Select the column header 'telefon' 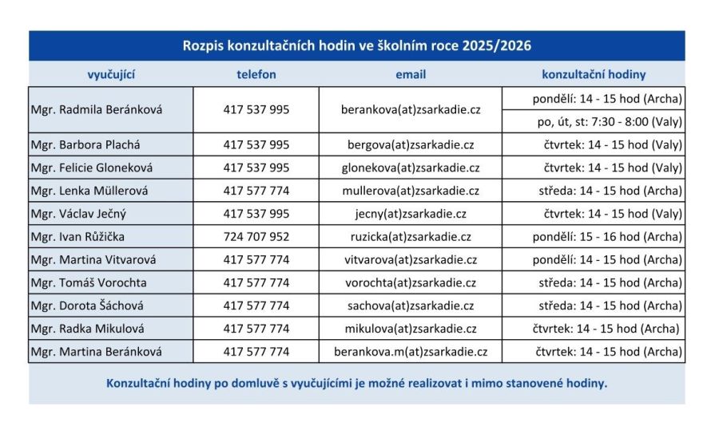point(256,74)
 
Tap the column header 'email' point(411,74)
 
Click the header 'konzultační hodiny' point(594,74)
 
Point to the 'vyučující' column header point(111,74)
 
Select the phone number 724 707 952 point(256,237)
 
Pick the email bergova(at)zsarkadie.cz point(411,144)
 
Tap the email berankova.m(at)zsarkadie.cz point(411,351)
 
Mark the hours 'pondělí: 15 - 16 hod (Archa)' point(607,237)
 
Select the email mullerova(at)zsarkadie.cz point(411,191)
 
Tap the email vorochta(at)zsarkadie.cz point(411,282)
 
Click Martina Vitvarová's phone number point(256,260)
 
